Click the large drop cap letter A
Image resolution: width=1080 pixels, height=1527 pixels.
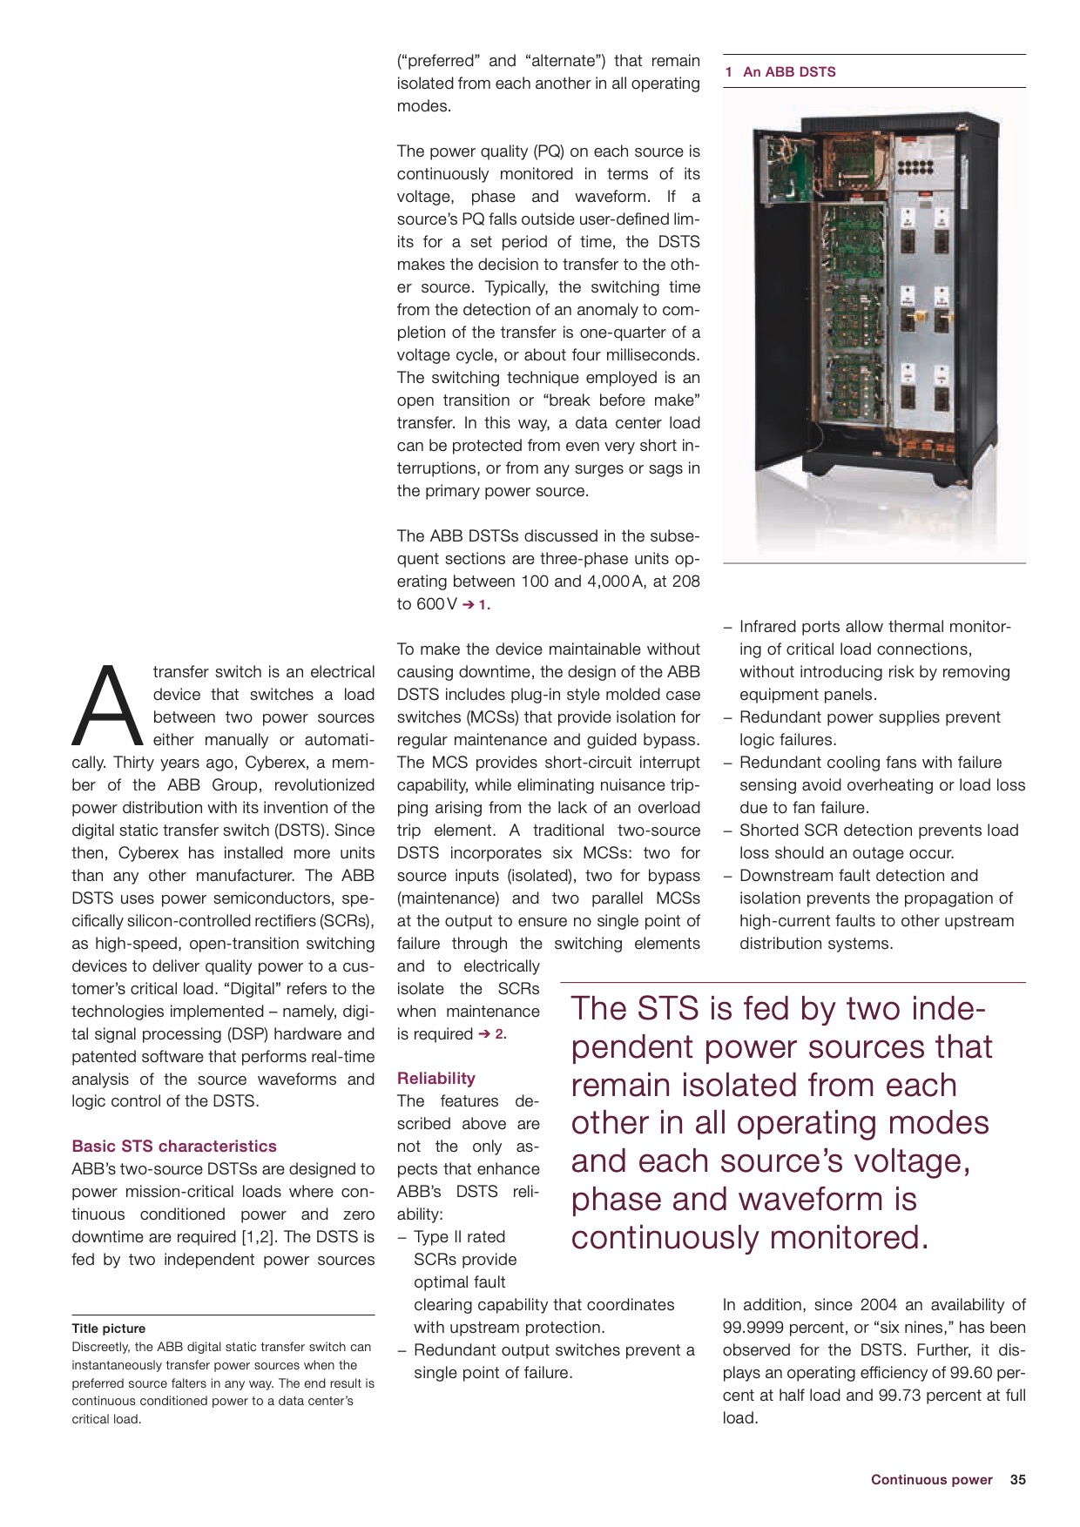pyautogui.click(x=107, y=706)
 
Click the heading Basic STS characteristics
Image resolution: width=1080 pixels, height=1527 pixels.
pyautogui.click(x=173, y=1146)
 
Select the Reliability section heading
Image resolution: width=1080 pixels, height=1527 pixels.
pyautogui.click(x=435, y=1078)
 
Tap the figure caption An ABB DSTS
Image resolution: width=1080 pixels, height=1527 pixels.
pyautogui.click(x=788, y=72)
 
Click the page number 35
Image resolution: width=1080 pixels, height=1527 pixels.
pyautogui.click(x=1017, y=1479)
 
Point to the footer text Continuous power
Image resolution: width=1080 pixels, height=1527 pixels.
pyautogui.click(x=930, y=1479)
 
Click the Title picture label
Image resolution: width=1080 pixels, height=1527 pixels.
pyautogui.click(x=108, y=1328)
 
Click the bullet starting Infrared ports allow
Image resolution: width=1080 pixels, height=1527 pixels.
pyautogui.click(x=874, y=627)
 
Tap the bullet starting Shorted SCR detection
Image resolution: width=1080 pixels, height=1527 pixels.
pyautogui.click(x=878, y=831)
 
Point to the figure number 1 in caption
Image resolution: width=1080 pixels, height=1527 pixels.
pyautogui.click(x=728, y=72)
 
